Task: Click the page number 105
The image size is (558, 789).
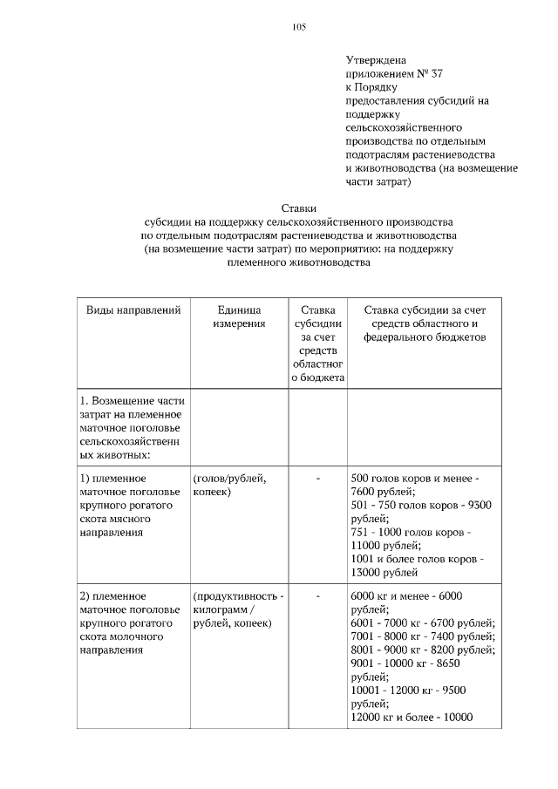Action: coord(299,26)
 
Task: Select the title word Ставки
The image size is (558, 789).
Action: coord(298,207)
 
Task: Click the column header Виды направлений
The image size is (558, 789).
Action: coord(133,309)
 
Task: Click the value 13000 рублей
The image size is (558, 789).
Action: coord(384,573)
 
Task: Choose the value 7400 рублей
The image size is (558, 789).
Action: coord(462,636)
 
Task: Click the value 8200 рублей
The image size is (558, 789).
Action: coord(462,650)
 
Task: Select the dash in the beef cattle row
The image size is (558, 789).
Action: coord(318,479)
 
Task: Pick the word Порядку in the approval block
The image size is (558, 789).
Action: coord(378,87)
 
